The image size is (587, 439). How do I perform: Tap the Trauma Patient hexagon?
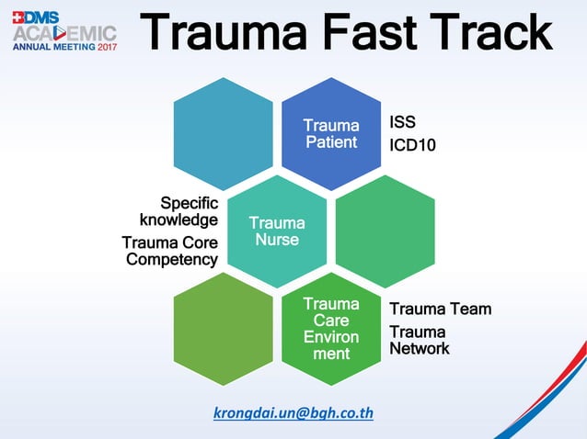pyautogui.click(x=330, y=133)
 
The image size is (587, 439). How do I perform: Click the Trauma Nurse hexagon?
pyautogui.click(x=277, y=231)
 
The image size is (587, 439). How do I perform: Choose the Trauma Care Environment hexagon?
pyautogui.click(x=330, y=328)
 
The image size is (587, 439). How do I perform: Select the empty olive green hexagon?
pyautogui.click(x=223, y=328)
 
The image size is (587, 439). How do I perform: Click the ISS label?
pyautogui.click(x=402, y=121)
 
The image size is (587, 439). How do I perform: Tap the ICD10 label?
pyautogui.click(x=412, y=144)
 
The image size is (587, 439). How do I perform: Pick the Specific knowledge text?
pyautogui.click(x=178, y=211)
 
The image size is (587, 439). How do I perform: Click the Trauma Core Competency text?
pyautogui.click(x=170, y=251)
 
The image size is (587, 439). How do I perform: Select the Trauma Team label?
pyautogui.click(x=440, y=309)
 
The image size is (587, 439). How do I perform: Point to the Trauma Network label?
pyautogui.click(x=420, y=340)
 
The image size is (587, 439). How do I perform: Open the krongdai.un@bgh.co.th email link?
pyautogui.click(x=293, y=412)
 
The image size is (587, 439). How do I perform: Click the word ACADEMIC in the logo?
pyautogui.click(x=64, y=33)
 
